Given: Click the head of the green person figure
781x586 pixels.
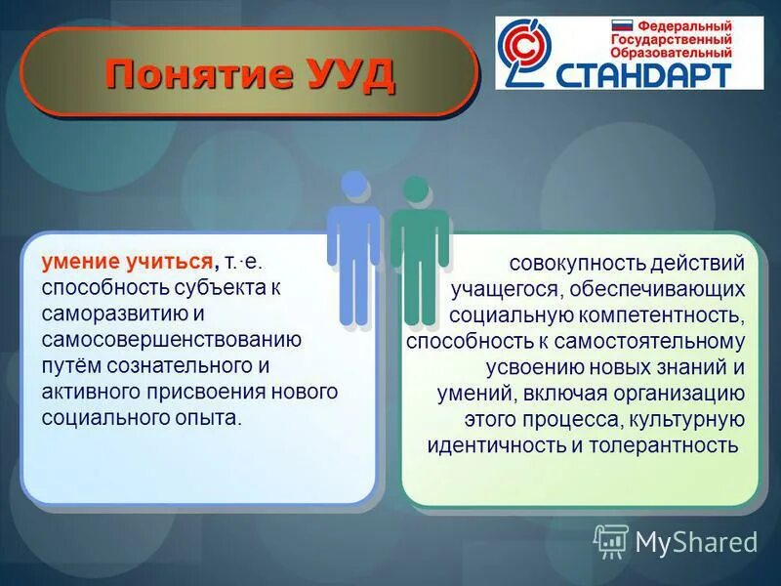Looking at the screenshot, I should coord(415,188).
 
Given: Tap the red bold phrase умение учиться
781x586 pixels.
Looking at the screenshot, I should coord(128,261).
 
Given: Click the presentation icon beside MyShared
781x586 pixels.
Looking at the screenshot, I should coord(611,541).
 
